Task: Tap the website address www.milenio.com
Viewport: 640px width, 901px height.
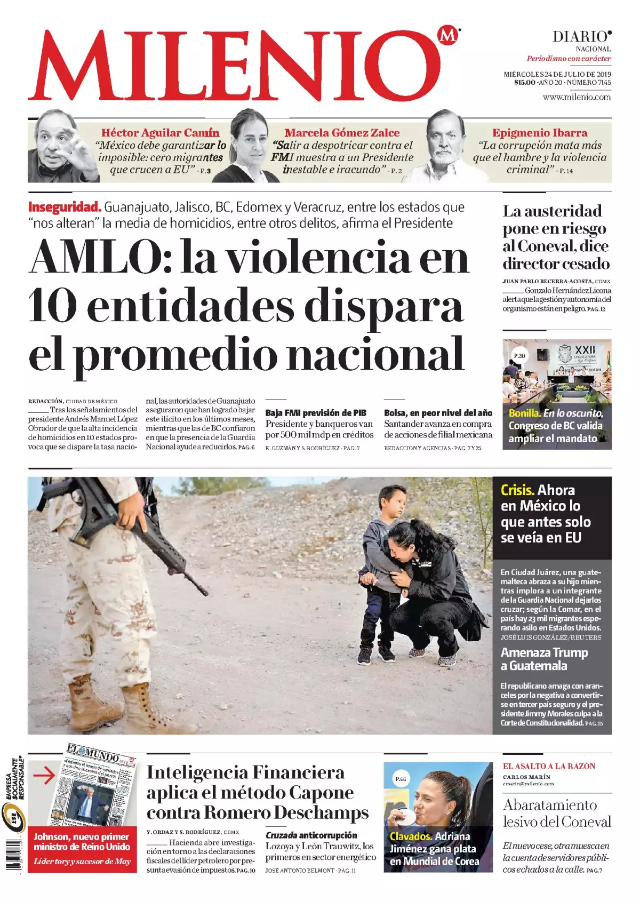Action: pos(577,97)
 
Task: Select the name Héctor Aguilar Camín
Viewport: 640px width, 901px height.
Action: pos(160,133)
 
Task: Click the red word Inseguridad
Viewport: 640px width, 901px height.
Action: pos(65,207)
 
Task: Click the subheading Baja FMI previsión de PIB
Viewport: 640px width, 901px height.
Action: pos(316,413)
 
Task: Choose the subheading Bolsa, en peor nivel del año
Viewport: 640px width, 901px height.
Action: pos(438,413)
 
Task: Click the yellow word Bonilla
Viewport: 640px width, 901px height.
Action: pos(524,413)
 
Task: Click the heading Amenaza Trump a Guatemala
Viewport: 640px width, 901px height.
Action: pos(544,659)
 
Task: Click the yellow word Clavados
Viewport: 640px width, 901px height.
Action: pos(411,836)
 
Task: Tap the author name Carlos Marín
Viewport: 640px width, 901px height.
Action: pos(526,777)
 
